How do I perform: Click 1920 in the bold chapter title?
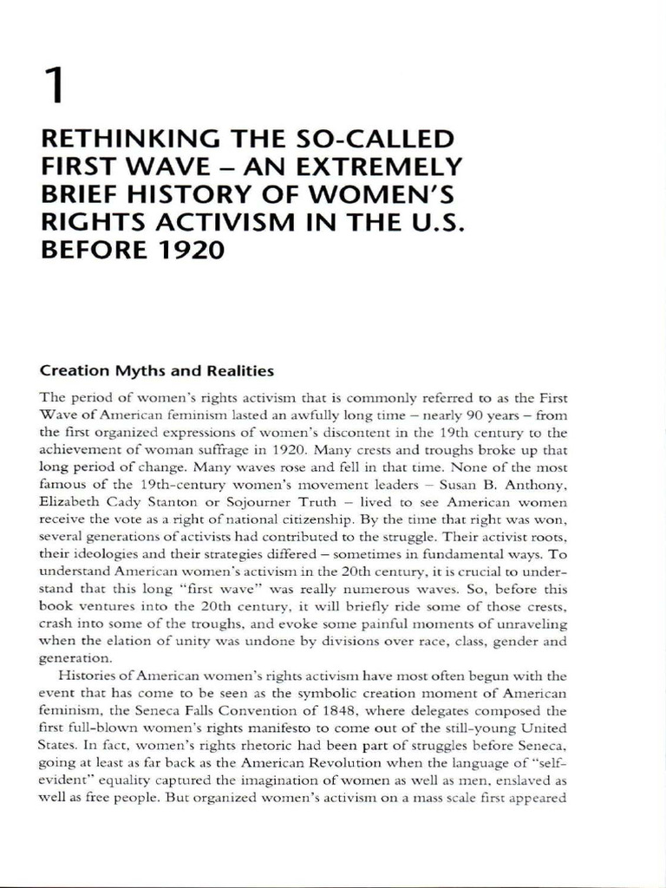tap(190, 251)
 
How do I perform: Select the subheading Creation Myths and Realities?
tap(157, 371)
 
